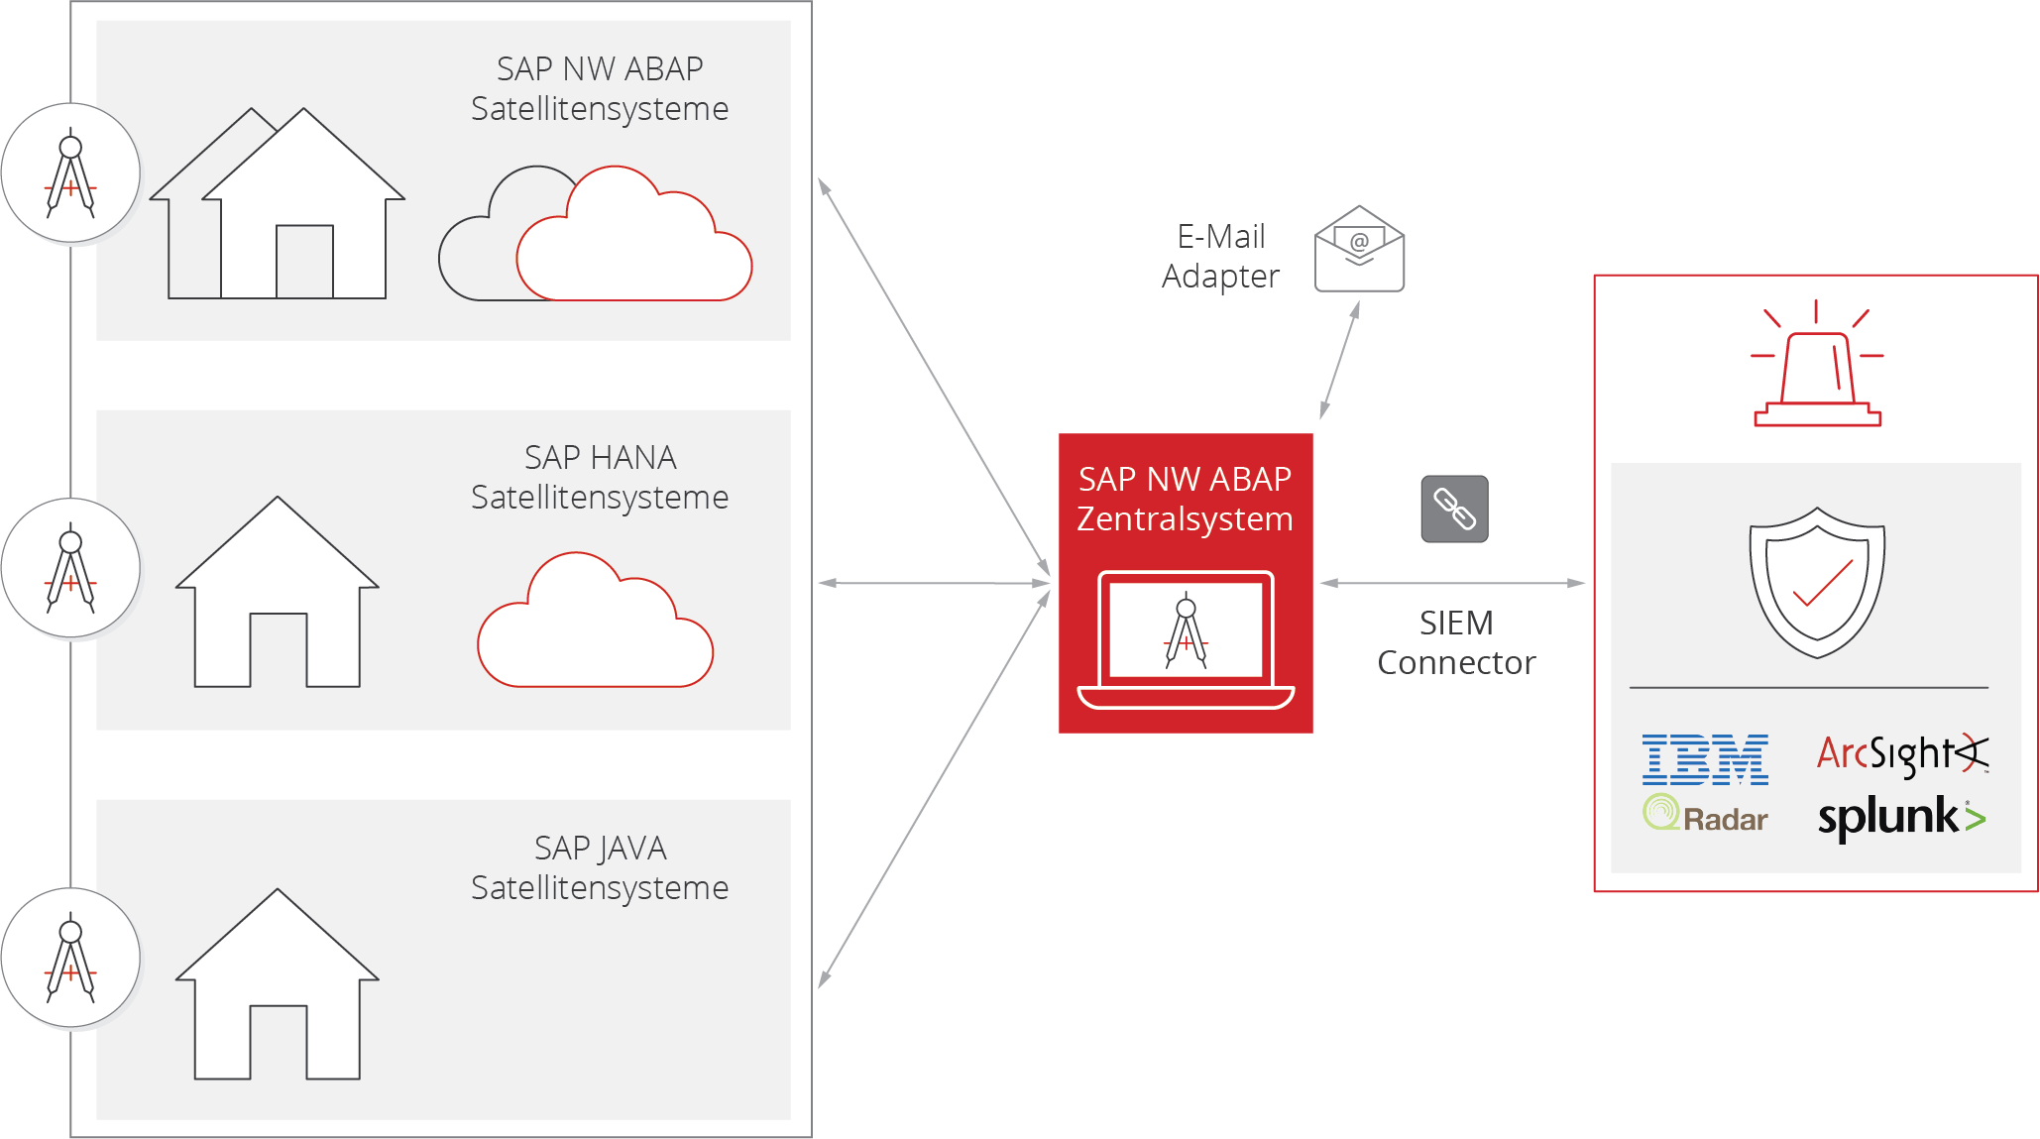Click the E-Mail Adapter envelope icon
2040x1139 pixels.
1359,249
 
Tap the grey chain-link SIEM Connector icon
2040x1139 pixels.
1454,509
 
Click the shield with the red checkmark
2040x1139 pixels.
1817,582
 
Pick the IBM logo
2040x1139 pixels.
1705,759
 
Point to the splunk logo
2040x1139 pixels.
1901,819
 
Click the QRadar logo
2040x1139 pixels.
1706,815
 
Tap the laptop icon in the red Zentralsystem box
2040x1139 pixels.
1186,640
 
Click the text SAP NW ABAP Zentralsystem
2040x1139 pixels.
1186,499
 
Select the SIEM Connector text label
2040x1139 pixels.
1456,642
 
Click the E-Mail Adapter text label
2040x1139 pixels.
1221,256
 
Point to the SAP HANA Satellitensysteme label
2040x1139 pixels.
600,477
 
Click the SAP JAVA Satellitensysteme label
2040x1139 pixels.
600,867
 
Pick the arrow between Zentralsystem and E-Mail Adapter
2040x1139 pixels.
1339,360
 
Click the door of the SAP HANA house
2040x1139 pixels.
278,650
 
